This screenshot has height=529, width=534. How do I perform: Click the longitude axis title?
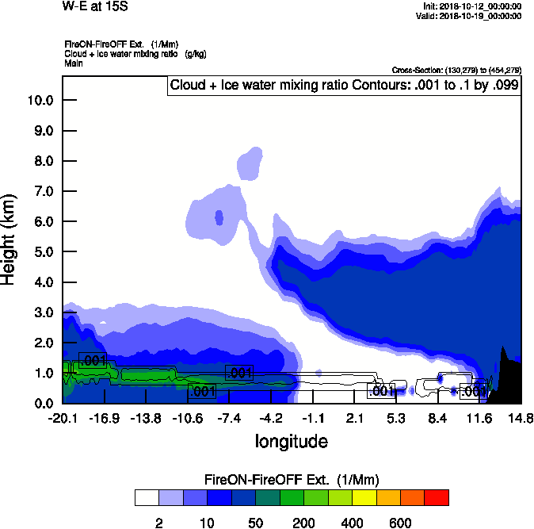click(291, 440)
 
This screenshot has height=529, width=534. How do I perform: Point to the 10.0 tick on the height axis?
click(40, 101)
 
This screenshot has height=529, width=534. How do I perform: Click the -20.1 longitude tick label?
click(63, 418)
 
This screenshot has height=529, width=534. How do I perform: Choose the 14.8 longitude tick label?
click(521, 418)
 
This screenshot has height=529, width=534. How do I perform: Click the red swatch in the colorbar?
click(437, 497)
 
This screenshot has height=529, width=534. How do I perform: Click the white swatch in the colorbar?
click(147, 497)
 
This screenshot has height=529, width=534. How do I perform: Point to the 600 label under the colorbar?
click(400, 523)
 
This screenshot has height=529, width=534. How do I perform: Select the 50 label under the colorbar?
click(255, 523)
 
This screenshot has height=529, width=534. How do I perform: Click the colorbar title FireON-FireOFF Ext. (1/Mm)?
click(292, 480)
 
